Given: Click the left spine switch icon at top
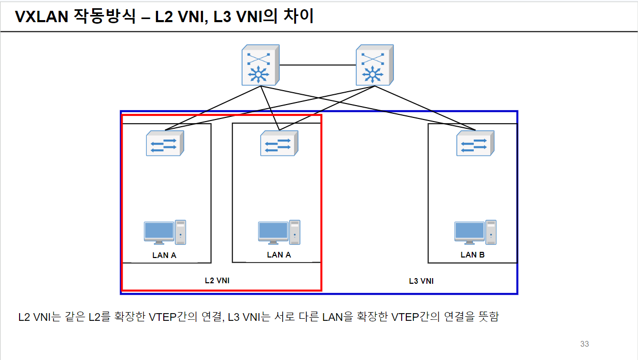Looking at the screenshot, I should pos(261,65).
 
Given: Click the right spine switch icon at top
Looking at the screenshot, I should pos(375,65).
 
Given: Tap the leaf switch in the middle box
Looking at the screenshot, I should pos(279,143).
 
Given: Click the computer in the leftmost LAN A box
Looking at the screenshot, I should pos(165,232).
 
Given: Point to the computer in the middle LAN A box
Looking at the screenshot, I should pos(279,232).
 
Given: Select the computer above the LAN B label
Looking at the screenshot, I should pos(475,232).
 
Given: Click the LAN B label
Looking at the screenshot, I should pos(472,255).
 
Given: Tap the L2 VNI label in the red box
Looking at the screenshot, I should pos(217,281).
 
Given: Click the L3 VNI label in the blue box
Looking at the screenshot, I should pos(421,281).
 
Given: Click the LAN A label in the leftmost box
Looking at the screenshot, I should pos(164,255).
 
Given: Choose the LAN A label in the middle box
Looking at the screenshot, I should pos(279,255).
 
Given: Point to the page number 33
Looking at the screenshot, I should pos(584,344).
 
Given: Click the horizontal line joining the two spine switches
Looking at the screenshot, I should pos(317,65).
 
